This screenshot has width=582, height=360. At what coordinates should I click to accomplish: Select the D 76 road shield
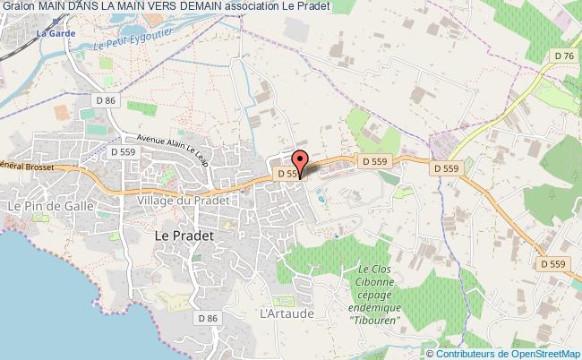[x=564, y=56]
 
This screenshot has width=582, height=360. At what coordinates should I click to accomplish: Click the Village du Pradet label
[x=184, y=201]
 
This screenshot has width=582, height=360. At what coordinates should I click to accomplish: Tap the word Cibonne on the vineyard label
[x=379, y=282]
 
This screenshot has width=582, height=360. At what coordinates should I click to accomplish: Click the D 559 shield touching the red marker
[x=288, y=174]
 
